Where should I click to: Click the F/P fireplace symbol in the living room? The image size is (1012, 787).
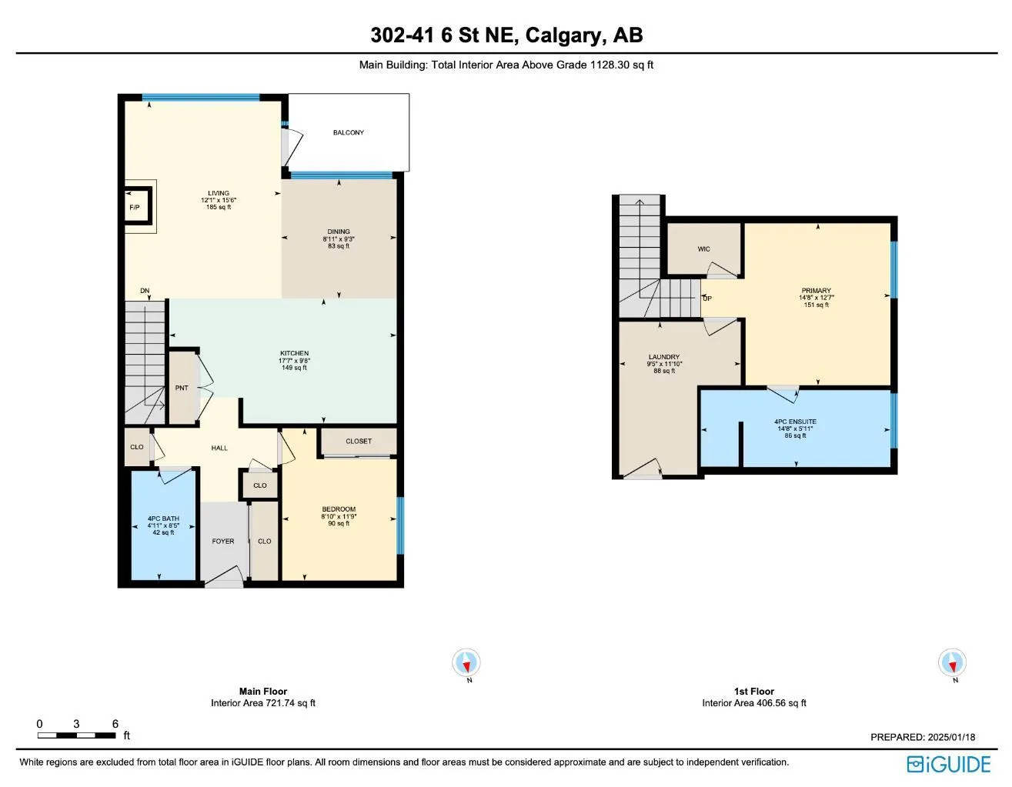tap(135, 207)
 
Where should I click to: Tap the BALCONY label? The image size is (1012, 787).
tap(348, 133)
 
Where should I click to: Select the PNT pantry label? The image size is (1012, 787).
tap(182, 388)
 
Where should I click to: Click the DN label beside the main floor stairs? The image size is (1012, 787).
tap(145, 291)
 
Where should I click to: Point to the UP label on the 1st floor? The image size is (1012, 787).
tap(707, 298)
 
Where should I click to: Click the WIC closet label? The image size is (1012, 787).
tap(703, 249)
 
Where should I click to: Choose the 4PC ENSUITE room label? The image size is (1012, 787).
tap(795, 422)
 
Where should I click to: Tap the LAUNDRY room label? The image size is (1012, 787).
tap(663, 357)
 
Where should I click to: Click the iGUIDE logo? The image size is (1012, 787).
tap(948, 764)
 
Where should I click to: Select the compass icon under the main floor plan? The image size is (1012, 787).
tap(466, 662)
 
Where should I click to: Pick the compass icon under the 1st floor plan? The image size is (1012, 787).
tap(953, 662)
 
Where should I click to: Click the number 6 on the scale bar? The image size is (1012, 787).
tap(115, 724)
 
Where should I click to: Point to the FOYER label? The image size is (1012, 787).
tap(223, 542)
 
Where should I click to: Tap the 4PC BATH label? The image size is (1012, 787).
tap(163, 519)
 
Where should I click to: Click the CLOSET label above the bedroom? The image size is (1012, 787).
tap(359, 442)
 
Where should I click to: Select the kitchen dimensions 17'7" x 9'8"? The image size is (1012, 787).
tap(294, 361)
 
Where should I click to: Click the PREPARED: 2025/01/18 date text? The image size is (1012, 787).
tap(922, 737)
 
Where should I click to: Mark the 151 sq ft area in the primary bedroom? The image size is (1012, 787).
tap(816, 305)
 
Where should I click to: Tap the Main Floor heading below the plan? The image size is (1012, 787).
tap(263, 692)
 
